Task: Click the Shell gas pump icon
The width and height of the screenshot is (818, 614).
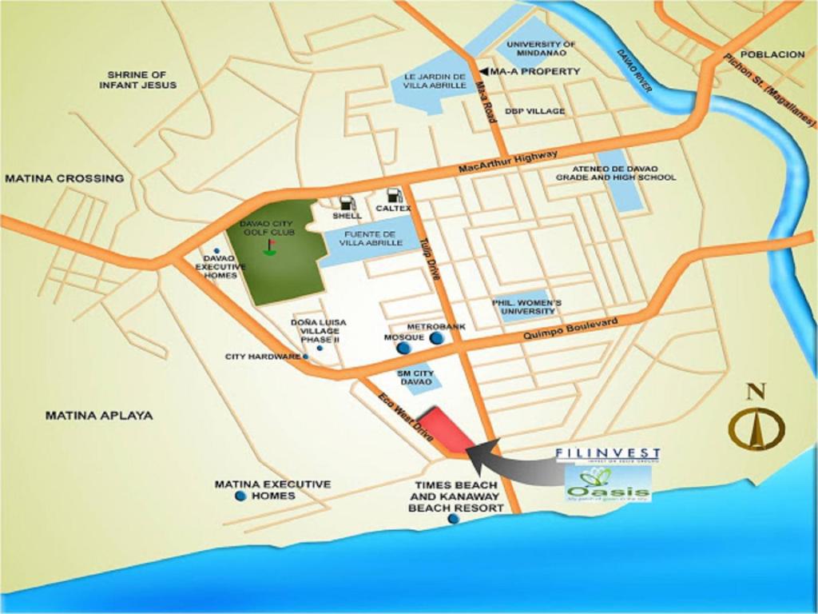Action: pyautogui.click(x=346, y=203)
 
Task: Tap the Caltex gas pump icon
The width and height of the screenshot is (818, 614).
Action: pyautogui.click(x=393, y=196)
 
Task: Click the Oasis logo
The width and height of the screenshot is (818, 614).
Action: pyautogui.click(x=608, y=483)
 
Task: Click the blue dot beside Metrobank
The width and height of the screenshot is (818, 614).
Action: pyautogui.click(x=436, y=338)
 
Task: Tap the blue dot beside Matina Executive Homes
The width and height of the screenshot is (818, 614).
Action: pyautogui.click(x=240, y=496)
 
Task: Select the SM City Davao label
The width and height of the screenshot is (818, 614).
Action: pyautogui.click(x=415, y=377)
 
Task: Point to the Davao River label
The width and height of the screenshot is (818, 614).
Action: pyautogui.click(x=634, y=71)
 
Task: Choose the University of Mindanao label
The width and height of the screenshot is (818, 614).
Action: pyautogui.click(x=541, y=48)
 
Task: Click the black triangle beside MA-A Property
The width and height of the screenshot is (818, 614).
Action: pyautogui.click(x=483, y=71)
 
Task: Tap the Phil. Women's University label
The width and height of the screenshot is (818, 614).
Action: pyautogui.click(x=526, y=306)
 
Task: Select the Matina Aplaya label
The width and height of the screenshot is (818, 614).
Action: pyautogui.click(x=98, y=416)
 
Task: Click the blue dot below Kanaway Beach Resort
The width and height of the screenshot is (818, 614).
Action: pyautogui.click(x=454, y=519)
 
